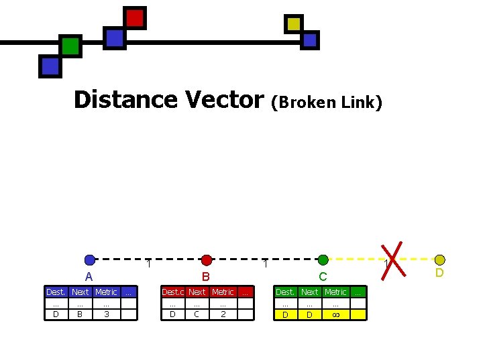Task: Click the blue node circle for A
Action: (90, 260)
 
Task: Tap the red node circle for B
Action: (207, 260)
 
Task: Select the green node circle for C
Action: (323, 260)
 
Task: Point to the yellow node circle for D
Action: (439, 260)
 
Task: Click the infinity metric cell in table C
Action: (335, 314)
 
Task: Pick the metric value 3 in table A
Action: (106, 314)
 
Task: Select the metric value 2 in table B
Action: (223, 314)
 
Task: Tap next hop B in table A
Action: (80, 314)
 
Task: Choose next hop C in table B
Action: (197, 314)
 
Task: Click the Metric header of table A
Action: (106, 292)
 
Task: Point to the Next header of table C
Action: (309, 292)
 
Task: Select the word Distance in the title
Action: (126, 100)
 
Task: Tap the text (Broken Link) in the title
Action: (327, 102)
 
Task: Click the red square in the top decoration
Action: (136, 18)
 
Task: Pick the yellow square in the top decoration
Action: (293, 24)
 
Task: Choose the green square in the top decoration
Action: (70, 46)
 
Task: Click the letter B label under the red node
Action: (207, 276)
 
